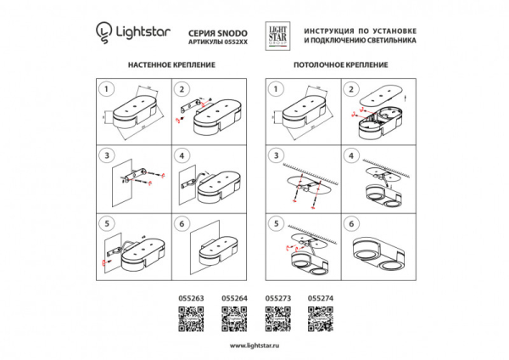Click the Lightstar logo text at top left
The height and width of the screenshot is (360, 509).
pyautogui.click(x=137, y=33)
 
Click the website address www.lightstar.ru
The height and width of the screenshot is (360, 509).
pyautogui.click(x=255, y=346)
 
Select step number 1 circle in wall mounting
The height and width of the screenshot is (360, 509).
pyautogui.click(x=106, y=88)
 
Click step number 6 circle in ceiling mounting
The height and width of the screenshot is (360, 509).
pyautogui.click(x=350, y=224)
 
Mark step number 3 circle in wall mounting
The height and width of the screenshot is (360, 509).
pyautogui.click(x=106, y=156)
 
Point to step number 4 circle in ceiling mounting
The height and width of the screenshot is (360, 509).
pyautogui.click(x=350, y=156)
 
